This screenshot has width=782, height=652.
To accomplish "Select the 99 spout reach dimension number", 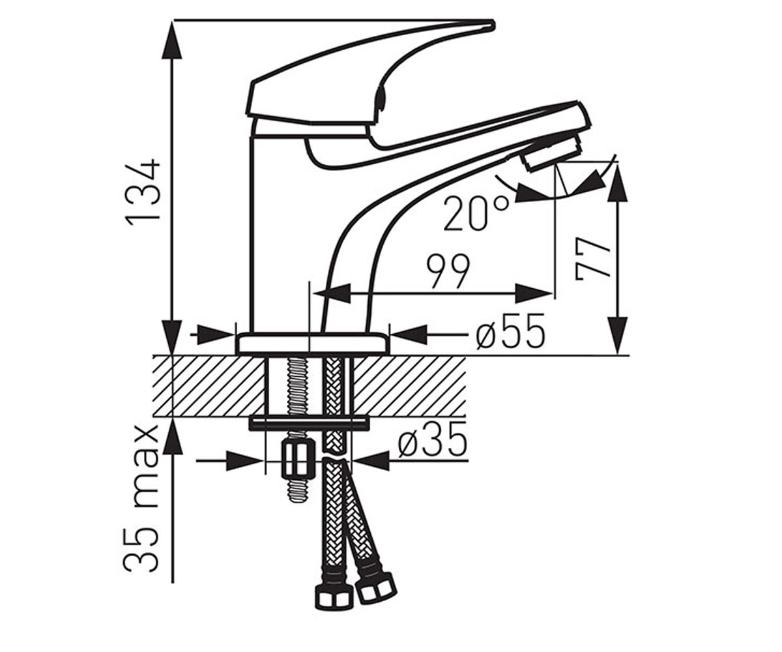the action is point(448,272).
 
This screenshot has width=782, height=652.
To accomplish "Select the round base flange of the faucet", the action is point(312,344).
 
